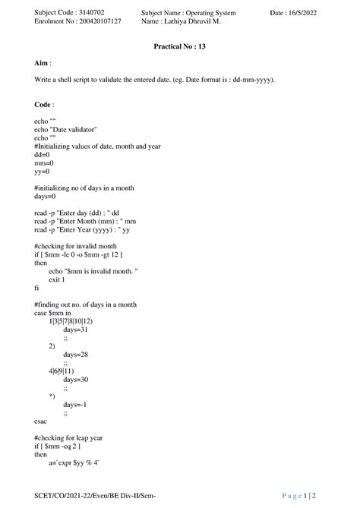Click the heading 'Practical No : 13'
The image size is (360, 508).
[x=179, y=47]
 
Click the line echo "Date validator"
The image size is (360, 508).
[x=66, y=130]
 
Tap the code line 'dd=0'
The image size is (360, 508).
[x=43, y=154]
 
